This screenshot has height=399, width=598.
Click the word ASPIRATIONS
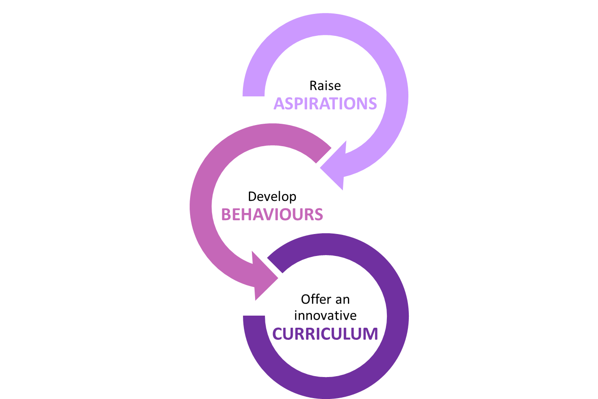click(325, 104)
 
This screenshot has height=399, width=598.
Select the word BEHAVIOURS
click(272, 215)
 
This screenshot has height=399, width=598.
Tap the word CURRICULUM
click(325, 334)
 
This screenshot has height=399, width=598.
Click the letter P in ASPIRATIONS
click(298, 104)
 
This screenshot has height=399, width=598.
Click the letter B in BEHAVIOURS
click(226, 215)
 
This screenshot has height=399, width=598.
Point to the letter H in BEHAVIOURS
click(247, 215)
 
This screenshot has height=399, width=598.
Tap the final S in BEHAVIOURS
click(318, 215)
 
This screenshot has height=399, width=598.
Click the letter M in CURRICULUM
click(370, 334)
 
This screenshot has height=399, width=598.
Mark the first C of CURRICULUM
click(278, 334)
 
